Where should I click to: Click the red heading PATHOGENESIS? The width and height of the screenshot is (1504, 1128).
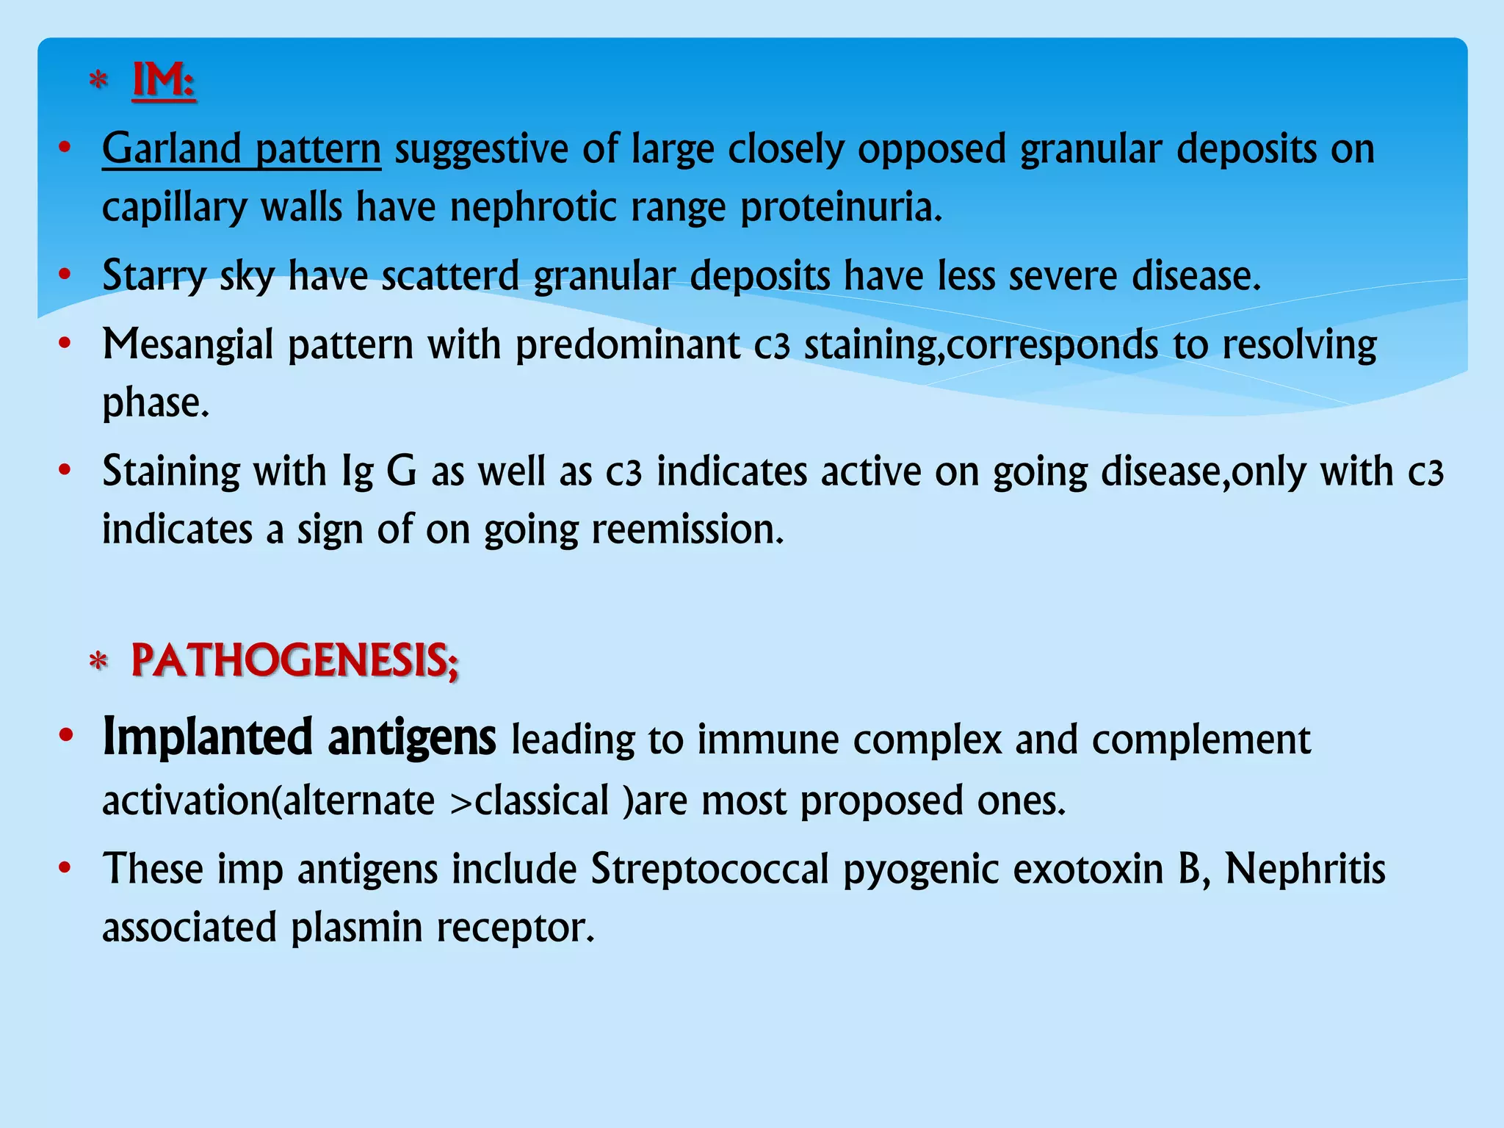(x=294, y=660)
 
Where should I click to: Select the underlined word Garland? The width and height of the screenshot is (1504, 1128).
(x=171, y=148)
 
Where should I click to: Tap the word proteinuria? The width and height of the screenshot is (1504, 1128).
(x=841, y=208)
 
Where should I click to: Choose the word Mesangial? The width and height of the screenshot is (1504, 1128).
(x=187, y=345)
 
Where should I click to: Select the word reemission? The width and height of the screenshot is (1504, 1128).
(x=687, y=529)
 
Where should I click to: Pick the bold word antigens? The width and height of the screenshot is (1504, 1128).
(x=412, y=739)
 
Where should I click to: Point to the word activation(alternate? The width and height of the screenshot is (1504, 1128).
(x=268, y=800)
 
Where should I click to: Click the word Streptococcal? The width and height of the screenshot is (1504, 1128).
(x=709, y=869)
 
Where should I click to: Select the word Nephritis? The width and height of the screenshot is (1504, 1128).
(x=1305, y=869)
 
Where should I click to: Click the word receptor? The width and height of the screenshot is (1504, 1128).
(x=515, y=928)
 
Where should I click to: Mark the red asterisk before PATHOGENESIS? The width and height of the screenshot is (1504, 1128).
(x=98, y=662)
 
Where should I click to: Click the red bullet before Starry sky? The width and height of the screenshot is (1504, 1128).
(x=65, y=275)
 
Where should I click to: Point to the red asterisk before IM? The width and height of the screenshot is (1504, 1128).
(x=98, y=80)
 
